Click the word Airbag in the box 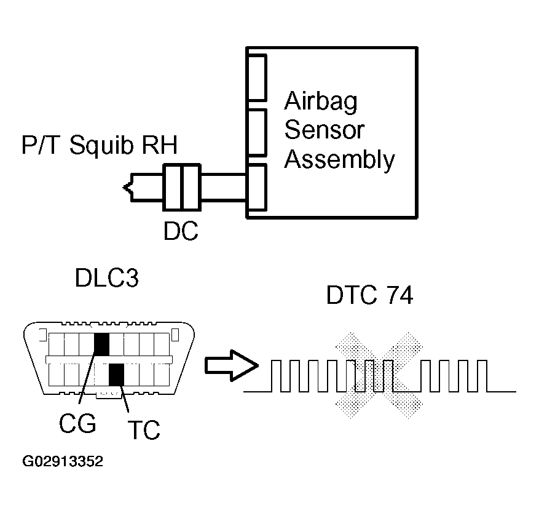point(321,101)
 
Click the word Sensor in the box point(325,130)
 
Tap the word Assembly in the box point(339,159)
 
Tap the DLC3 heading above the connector point(107,279)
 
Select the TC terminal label point(143,430)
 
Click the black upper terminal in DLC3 point(101,344)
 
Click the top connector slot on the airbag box point(257,78)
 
